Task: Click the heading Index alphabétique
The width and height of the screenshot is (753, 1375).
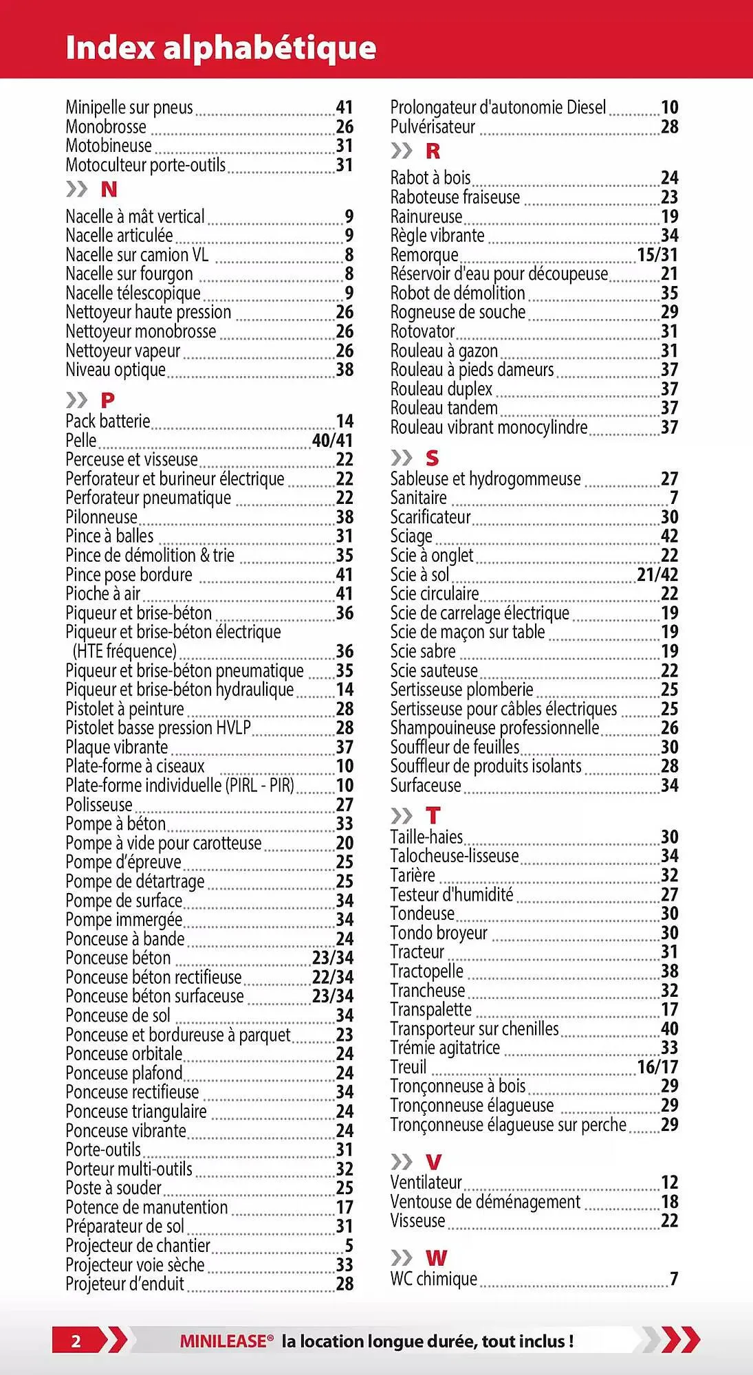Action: pyautogui.click(x=221, y=48)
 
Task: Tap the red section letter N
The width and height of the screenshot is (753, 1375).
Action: pyautogui.click(x=109, y=190)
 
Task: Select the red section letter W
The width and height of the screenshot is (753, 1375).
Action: pyautogui.click(x=436, y=1258)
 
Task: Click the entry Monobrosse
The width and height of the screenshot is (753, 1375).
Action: pyautogui.click(x=106, y=127)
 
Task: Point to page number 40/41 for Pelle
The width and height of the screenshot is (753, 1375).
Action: pyautogui.click(x=332, y=441)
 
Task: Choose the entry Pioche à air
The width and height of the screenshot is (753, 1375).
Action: pyautogui.click(x=103, y=594)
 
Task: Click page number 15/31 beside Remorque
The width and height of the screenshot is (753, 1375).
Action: pyautogui.click(x=657, y=255)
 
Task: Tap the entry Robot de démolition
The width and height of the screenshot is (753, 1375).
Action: pyautogui.click(x=457, y=294)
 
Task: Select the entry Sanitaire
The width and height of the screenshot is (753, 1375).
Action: pyautogui.click(x=418, y=498)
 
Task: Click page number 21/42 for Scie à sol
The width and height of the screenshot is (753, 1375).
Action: pyautogui.click(x=657, y=575)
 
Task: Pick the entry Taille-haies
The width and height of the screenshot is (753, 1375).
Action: pyautogui.click(x=426, y=837)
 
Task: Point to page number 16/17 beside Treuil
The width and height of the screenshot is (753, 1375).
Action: pyautogui.click(x=657, y=1067)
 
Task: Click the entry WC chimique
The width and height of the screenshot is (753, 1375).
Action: pyautogui.click(x=433, y=1279)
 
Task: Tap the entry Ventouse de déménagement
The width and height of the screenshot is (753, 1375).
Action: pyautogui.click(x=485, y=1202)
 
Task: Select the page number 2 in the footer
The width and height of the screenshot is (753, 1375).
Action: pyautogui.click(x=76, y=1341)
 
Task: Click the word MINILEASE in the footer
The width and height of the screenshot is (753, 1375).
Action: pyautogui.click(x=223, y=1341)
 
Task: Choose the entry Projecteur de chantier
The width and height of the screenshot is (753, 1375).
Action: pyautogui.click(x=138, y=1246)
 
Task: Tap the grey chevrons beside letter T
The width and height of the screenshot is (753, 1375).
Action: pyautogui.click(x=401, y=816)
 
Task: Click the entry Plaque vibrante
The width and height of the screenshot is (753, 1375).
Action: pyautogui.click(x=116, y=747)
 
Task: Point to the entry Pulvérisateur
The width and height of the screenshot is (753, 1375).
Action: pyautogui.click(x=433, y=127)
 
